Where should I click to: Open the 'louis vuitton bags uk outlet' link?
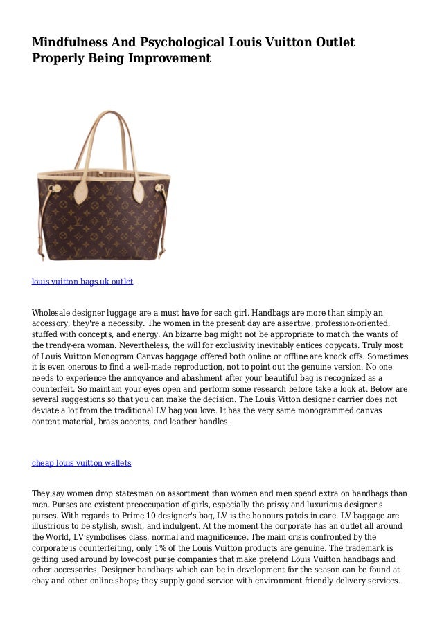[x=82, y=282]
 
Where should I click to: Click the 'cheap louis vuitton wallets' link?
[x=82, y=462]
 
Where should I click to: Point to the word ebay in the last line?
[x=42, y=581]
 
